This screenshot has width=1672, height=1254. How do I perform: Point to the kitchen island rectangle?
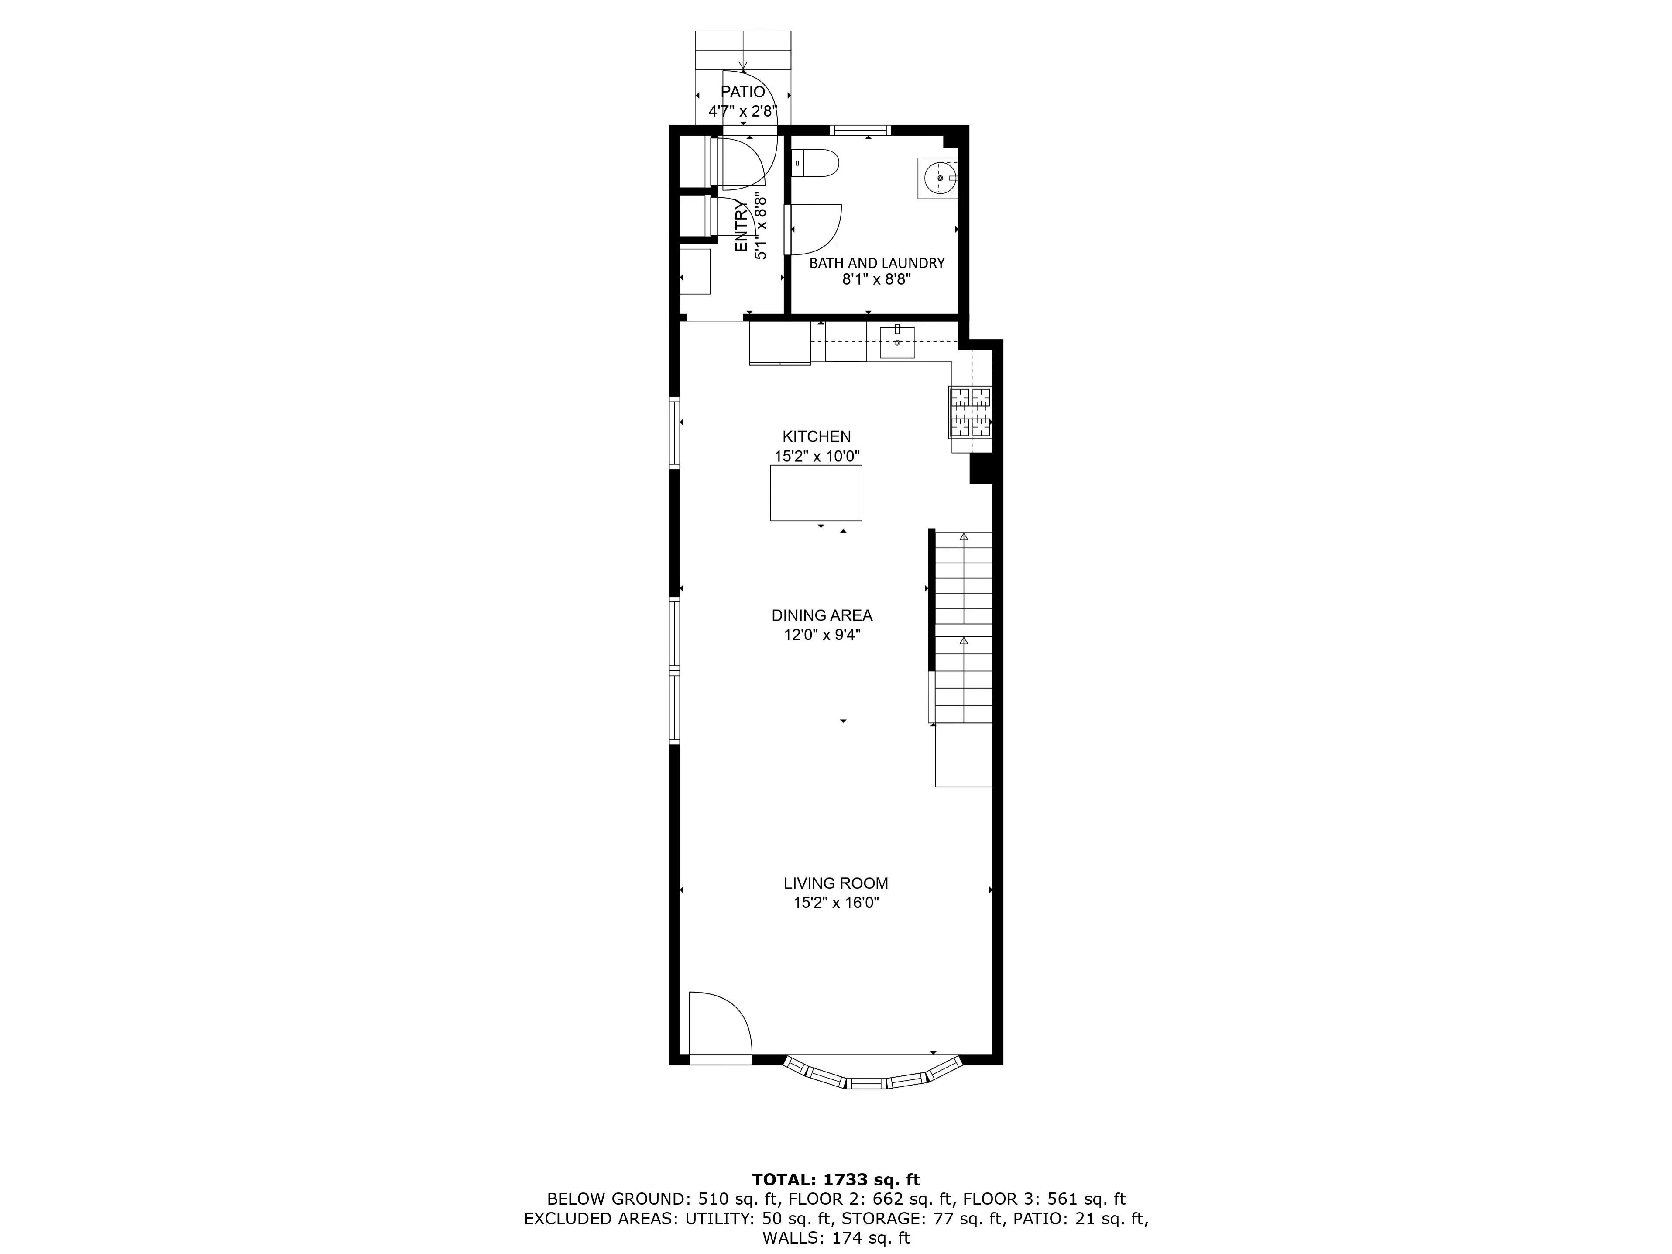coord(816,493)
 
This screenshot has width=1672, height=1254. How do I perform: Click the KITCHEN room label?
coord(816,436)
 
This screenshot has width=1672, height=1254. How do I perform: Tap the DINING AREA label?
coord(822,615)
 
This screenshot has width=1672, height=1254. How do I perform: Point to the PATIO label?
coord(743,92)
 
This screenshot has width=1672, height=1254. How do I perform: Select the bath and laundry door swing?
coord(815,229)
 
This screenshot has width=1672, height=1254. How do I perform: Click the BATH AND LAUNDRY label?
coord(877,263)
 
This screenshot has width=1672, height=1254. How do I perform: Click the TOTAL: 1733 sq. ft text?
coord(836,1179)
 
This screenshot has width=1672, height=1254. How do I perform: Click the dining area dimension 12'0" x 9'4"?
coord(822,635)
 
